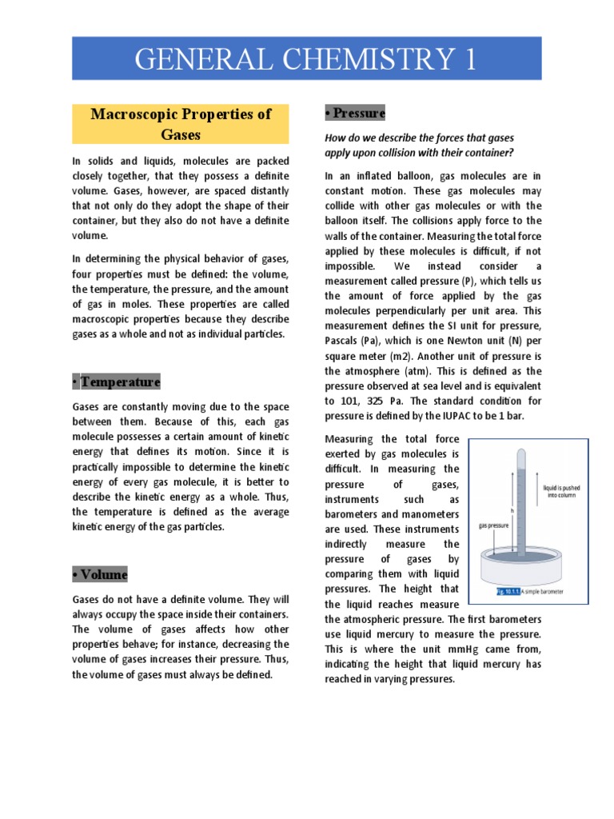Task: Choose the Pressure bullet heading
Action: pos(354,113)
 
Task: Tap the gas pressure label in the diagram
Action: pos(494,526)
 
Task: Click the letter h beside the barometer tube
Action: pos(512,509)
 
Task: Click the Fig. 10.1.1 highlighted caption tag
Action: pos(508,592)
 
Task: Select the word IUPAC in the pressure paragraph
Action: pos(437,416)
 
